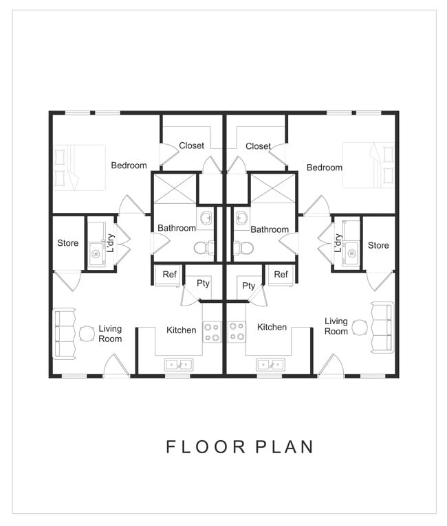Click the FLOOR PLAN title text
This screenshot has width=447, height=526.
pos(239,446)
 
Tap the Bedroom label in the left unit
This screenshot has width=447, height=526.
pos(129,165)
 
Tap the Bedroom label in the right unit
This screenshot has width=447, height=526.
pos(324,168)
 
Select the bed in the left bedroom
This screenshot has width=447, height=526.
pos(80,167)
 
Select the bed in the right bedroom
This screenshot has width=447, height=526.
pos(369,165)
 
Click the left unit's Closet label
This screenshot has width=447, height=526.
pos(192,146)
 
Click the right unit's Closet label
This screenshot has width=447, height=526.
pos(258,146)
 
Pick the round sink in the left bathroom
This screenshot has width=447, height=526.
pos(206,219)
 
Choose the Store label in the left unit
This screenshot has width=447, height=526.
pos(67,243)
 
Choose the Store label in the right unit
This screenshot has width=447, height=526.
pos(378,245)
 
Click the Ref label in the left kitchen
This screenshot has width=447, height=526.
pos(169,275)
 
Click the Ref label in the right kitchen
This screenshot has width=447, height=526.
pos(281,275)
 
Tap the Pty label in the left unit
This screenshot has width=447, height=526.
pos(203,284)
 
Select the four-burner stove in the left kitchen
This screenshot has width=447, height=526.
pos(212,332)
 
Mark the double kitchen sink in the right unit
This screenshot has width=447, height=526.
pos(270,364)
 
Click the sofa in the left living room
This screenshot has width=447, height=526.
pos(65,334)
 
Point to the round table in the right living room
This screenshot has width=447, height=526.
pos(358,328)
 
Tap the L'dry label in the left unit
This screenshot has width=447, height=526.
pos(109,243)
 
